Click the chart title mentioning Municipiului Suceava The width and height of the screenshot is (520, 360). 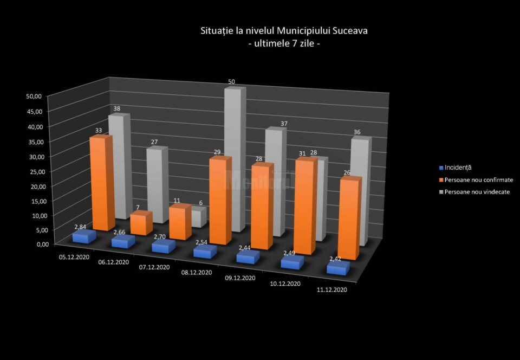(284, 31)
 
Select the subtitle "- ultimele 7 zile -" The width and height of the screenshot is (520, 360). (284, 44)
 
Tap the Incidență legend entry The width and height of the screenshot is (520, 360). (458, 168)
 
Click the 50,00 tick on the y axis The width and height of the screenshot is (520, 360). (34, 97)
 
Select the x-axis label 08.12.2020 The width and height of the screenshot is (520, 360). (197, 272)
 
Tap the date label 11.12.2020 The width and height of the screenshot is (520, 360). (331, 291)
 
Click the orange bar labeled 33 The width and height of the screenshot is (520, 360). (100, 184)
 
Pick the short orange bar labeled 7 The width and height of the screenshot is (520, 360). (141, 223)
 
